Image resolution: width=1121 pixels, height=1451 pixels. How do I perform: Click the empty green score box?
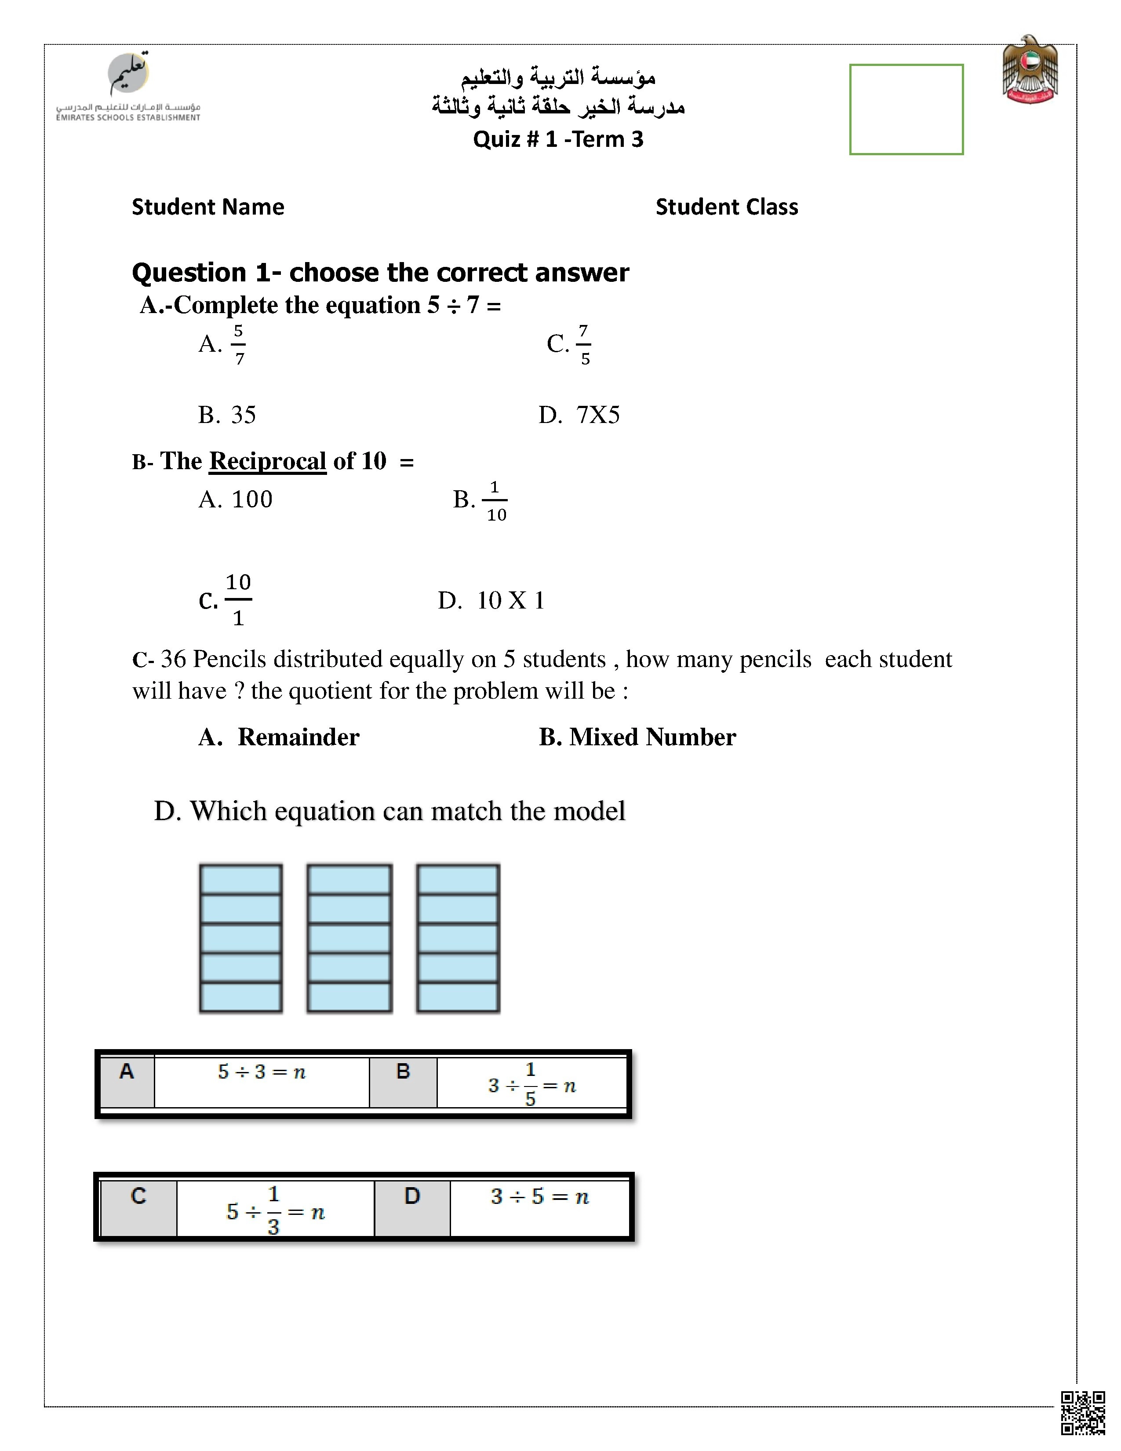[x=906, y=109]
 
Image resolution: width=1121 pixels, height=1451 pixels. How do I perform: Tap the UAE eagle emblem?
[x=1030, y=70]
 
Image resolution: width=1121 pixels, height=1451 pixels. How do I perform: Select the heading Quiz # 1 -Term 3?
[x=558, y=139]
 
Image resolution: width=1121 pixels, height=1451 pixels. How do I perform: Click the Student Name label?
[x=208, y=207]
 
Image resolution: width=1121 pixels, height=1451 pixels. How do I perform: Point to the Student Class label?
[x=727, y=207]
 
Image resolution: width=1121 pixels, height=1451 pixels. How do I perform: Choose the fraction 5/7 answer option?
[x=238, y=344]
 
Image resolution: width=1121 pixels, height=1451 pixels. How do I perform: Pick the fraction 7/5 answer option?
[x=583, y=344]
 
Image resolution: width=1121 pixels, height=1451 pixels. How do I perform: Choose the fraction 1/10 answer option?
[x=495, y=501]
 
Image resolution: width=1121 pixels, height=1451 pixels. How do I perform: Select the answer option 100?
[x=251, y=499]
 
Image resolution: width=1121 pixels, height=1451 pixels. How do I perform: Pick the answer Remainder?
[x=298, y=737]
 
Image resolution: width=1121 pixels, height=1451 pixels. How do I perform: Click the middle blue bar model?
[x=349, y=938]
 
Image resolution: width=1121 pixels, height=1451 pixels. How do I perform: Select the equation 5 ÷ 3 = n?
[x=262, y=1072]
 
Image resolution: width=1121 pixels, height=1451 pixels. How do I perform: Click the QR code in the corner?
[x=1082, y=1413]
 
